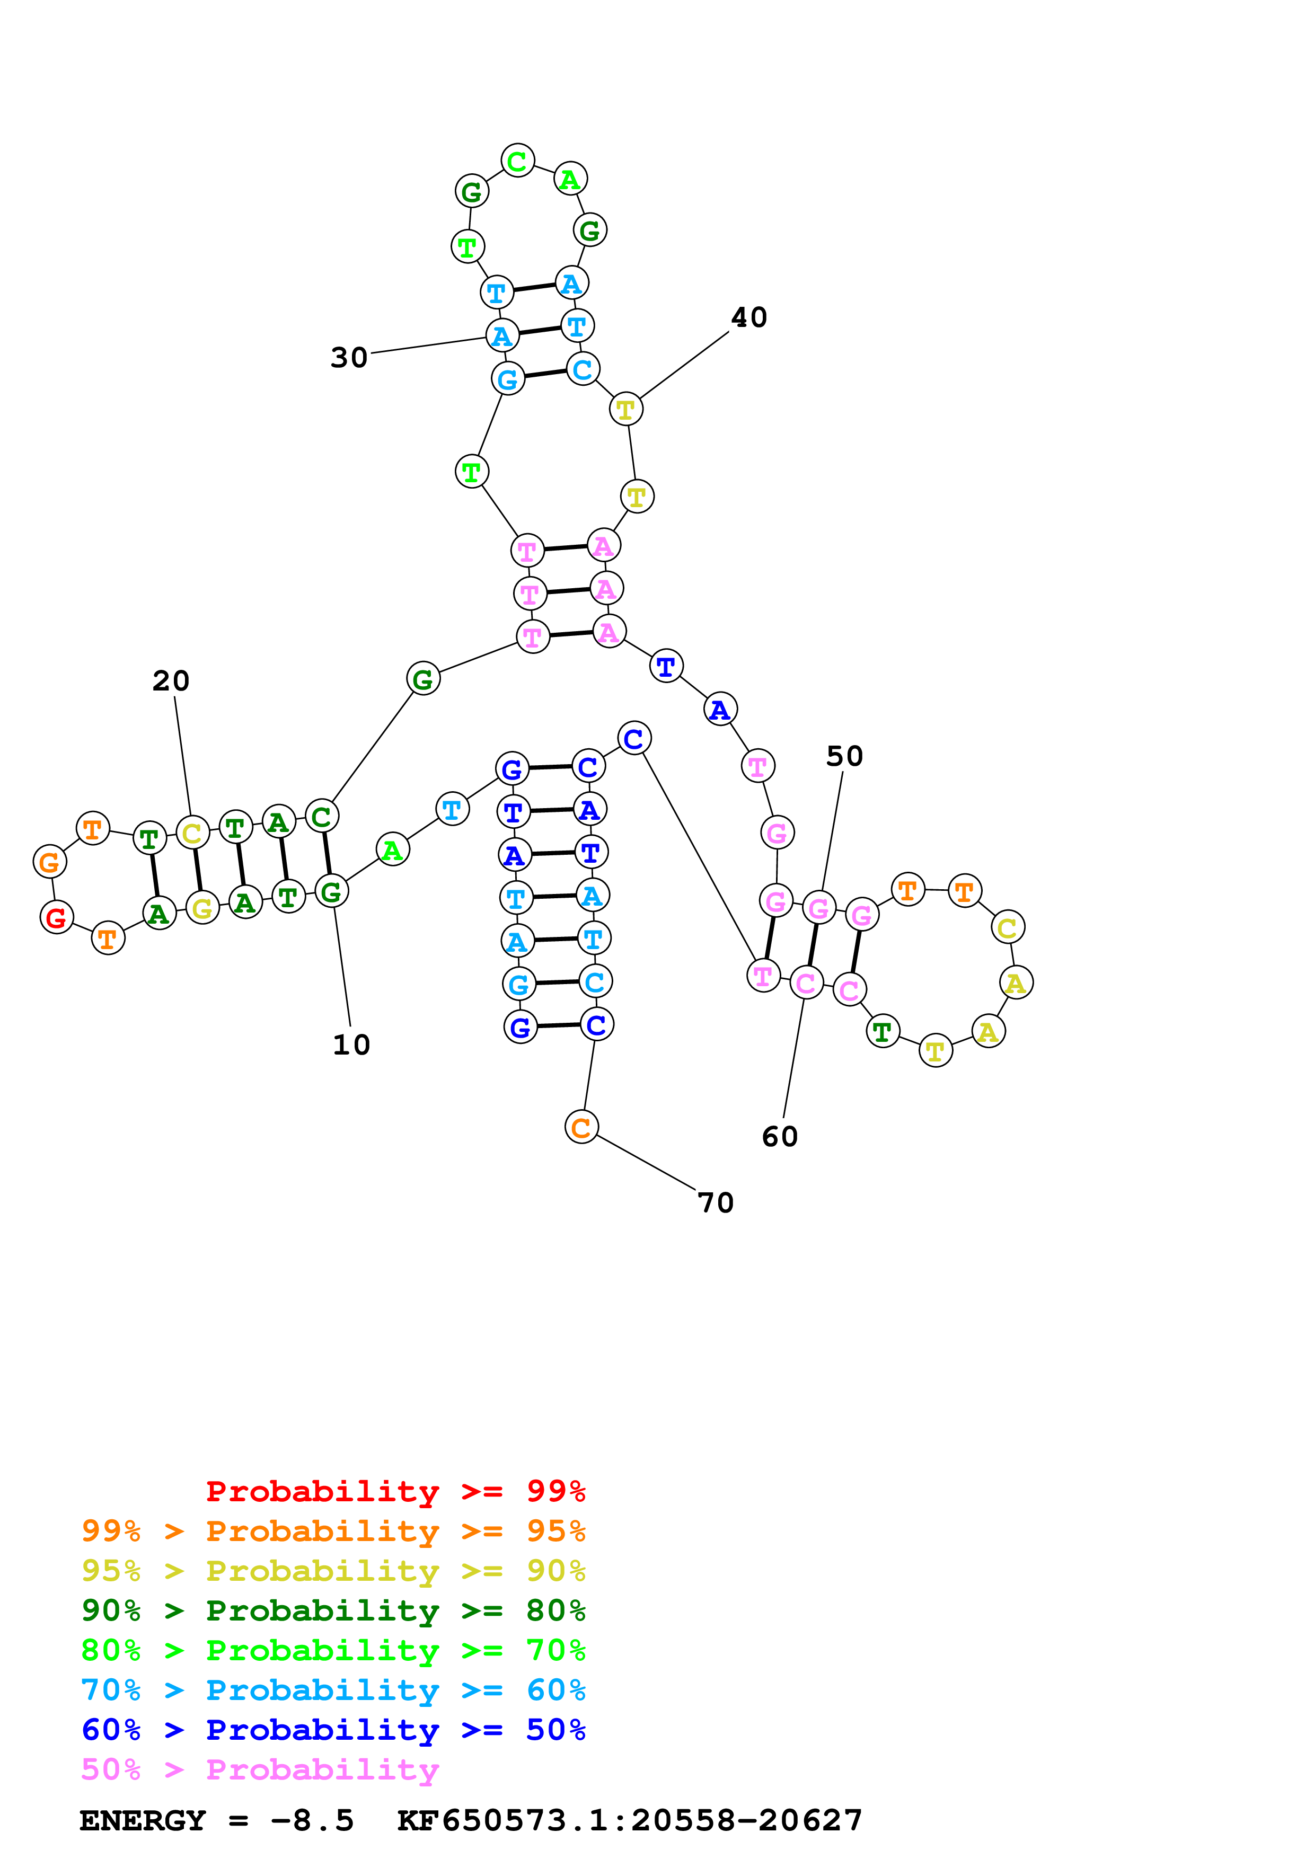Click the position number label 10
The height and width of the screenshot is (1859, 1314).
click(x=351, y=1045)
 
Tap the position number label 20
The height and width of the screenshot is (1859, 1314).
click(x=171, y=681)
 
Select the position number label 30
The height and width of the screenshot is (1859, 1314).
click(x=349, y=358)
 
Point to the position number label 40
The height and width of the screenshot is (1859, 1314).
click(x=749, y=317)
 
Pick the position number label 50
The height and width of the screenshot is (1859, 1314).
click(x=844, y=756)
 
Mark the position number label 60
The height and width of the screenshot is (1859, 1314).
click(x=780, y=1137)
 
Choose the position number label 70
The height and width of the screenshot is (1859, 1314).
click(x=716, y=1203)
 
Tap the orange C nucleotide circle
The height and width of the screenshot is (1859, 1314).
click(x=581, y=1127)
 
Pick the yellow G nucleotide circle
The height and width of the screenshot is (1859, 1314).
click(x=202, y=908)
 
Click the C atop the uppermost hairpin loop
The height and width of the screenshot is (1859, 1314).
click(x=517, y=161)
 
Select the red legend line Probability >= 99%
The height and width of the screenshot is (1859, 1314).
click(x=395, y=1491)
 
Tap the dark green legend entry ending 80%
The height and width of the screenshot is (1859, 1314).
click(x=333, y=1610)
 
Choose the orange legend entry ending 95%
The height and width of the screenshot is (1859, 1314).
click(x=333, y=1531)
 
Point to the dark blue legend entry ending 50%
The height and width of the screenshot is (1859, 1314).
click(x=333, y=1730)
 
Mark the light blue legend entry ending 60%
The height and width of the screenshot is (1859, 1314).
click(x=333, y=1690)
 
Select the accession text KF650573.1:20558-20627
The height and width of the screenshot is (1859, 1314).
click(x=629, y=1821)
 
